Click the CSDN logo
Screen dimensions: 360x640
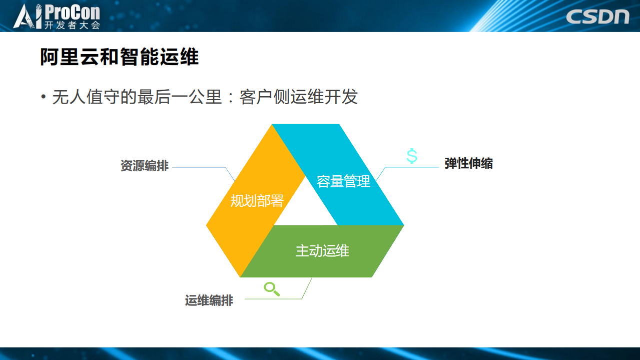(x=597, y=16)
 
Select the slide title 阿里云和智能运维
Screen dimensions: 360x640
(x=120, y=58)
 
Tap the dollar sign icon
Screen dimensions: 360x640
(x=412, y=156)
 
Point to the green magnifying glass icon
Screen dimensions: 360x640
(x=271, y=289)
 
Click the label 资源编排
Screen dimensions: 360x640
(x=144, y=166)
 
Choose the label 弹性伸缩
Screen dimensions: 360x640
(x=468, y=163)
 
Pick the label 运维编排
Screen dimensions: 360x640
(x=209, y=300)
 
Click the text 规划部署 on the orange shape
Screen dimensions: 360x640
(x=257, y=201)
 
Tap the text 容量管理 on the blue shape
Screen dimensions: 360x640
(x=343, y=181)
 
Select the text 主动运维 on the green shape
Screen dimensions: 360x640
(x=322, y=251)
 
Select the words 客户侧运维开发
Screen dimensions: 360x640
(x=299, y=97)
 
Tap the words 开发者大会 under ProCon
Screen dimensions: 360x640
(x=72, y=25)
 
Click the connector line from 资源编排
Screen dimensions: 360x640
(x=200, y=167)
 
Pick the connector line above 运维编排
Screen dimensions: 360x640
(x=280, y=299)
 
